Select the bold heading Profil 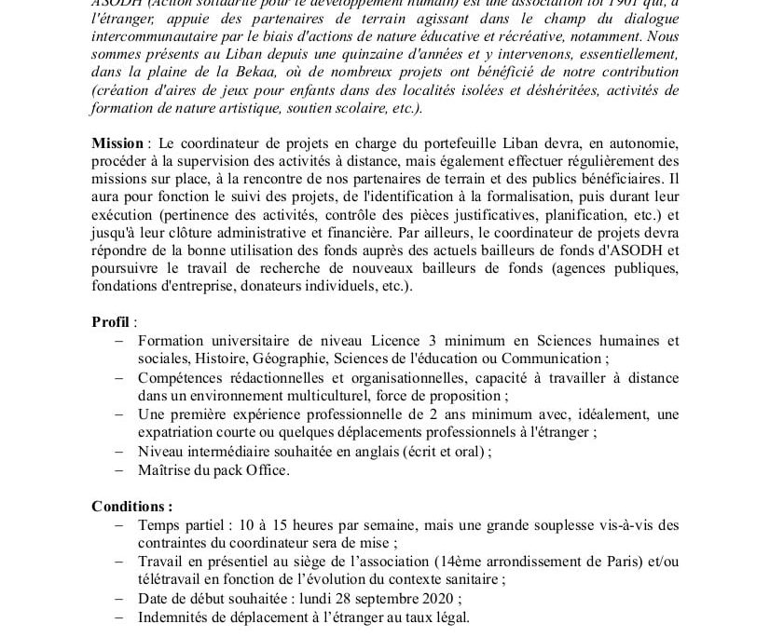click(x=110, y=321)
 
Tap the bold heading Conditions click(x=131, y=507)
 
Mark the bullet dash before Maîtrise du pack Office click(x=118, y=470)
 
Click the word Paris click(x=628, y=562)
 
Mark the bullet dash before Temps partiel click(x=118, y=525)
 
